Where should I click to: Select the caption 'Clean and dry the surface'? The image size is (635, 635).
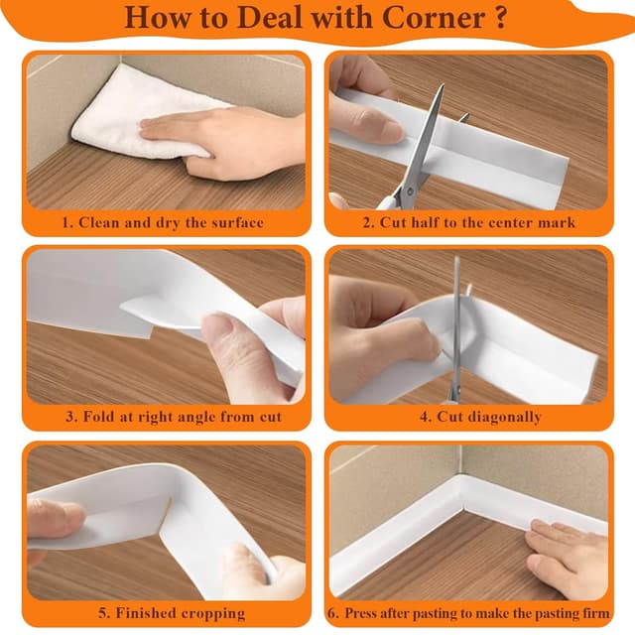pos(163,222)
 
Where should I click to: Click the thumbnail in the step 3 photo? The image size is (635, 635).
pos(220,328)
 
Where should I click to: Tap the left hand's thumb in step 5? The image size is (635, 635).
pos(60,516)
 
